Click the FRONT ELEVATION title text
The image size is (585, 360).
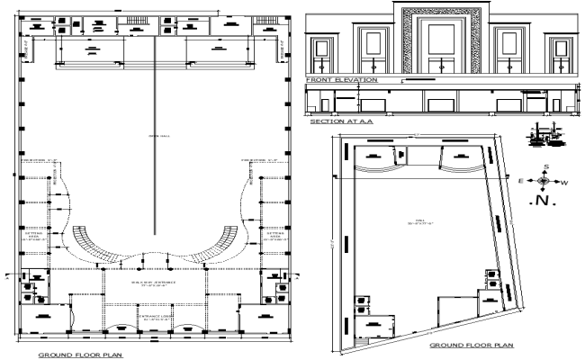(341, 80)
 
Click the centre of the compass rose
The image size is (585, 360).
(544, 180)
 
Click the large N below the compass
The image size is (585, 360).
(544, 201)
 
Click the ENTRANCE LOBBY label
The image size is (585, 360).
(152, 319)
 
